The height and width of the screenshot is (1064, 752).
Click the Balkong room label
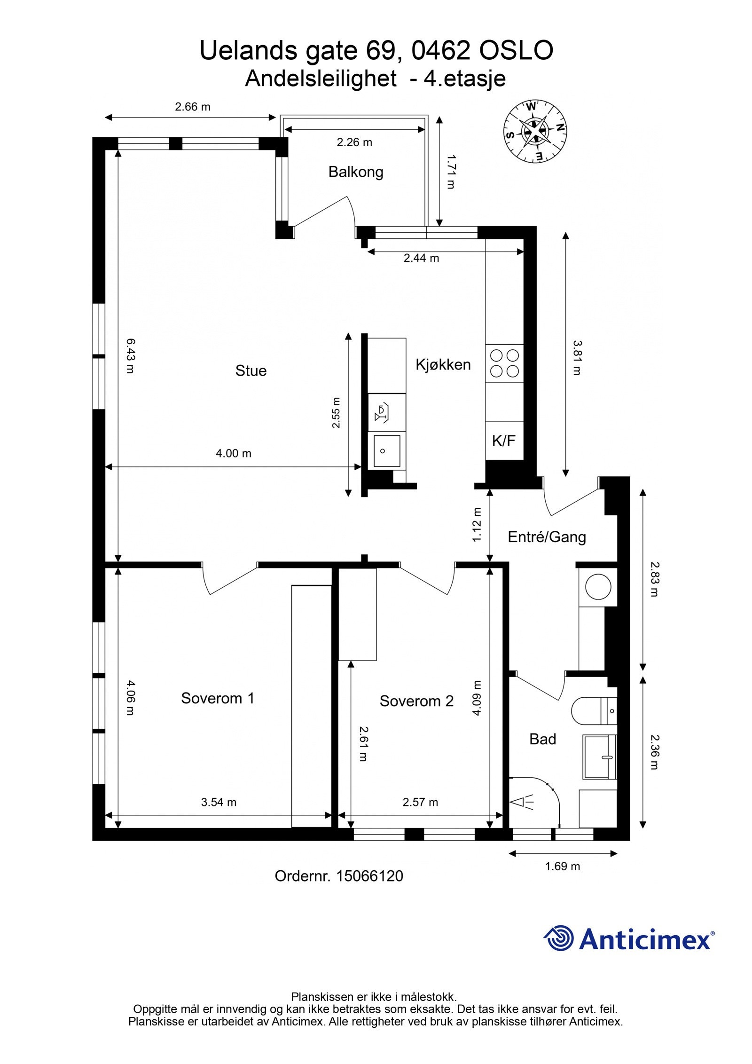click(x=355, y=172)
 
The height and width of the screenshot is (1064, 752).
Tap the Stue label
click(x=251, y=371)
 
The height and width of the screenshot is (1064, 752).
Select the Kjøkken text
click(x=443, y=364)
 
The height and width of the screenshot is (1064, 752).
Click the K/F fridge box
click(x=503, y=441)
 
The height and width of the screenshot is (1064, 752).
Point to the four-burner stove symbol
click(x=504, y=363)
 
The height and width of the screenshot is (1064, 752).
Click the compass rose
click(x=534, y=131)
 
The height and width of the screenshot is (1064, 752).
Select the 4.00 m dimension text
click(x=233, y=453)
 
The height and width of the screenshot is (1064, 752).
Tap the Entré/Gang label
click(x=547, y=537)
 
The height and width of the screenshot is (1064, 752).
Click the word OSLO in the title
click(x=516, y=50)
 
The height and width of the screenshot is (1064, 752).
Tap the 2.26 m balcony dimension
click(x=354, y=142)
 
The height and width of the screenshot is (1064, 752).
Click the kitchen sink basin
click(x=386, y=451)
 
